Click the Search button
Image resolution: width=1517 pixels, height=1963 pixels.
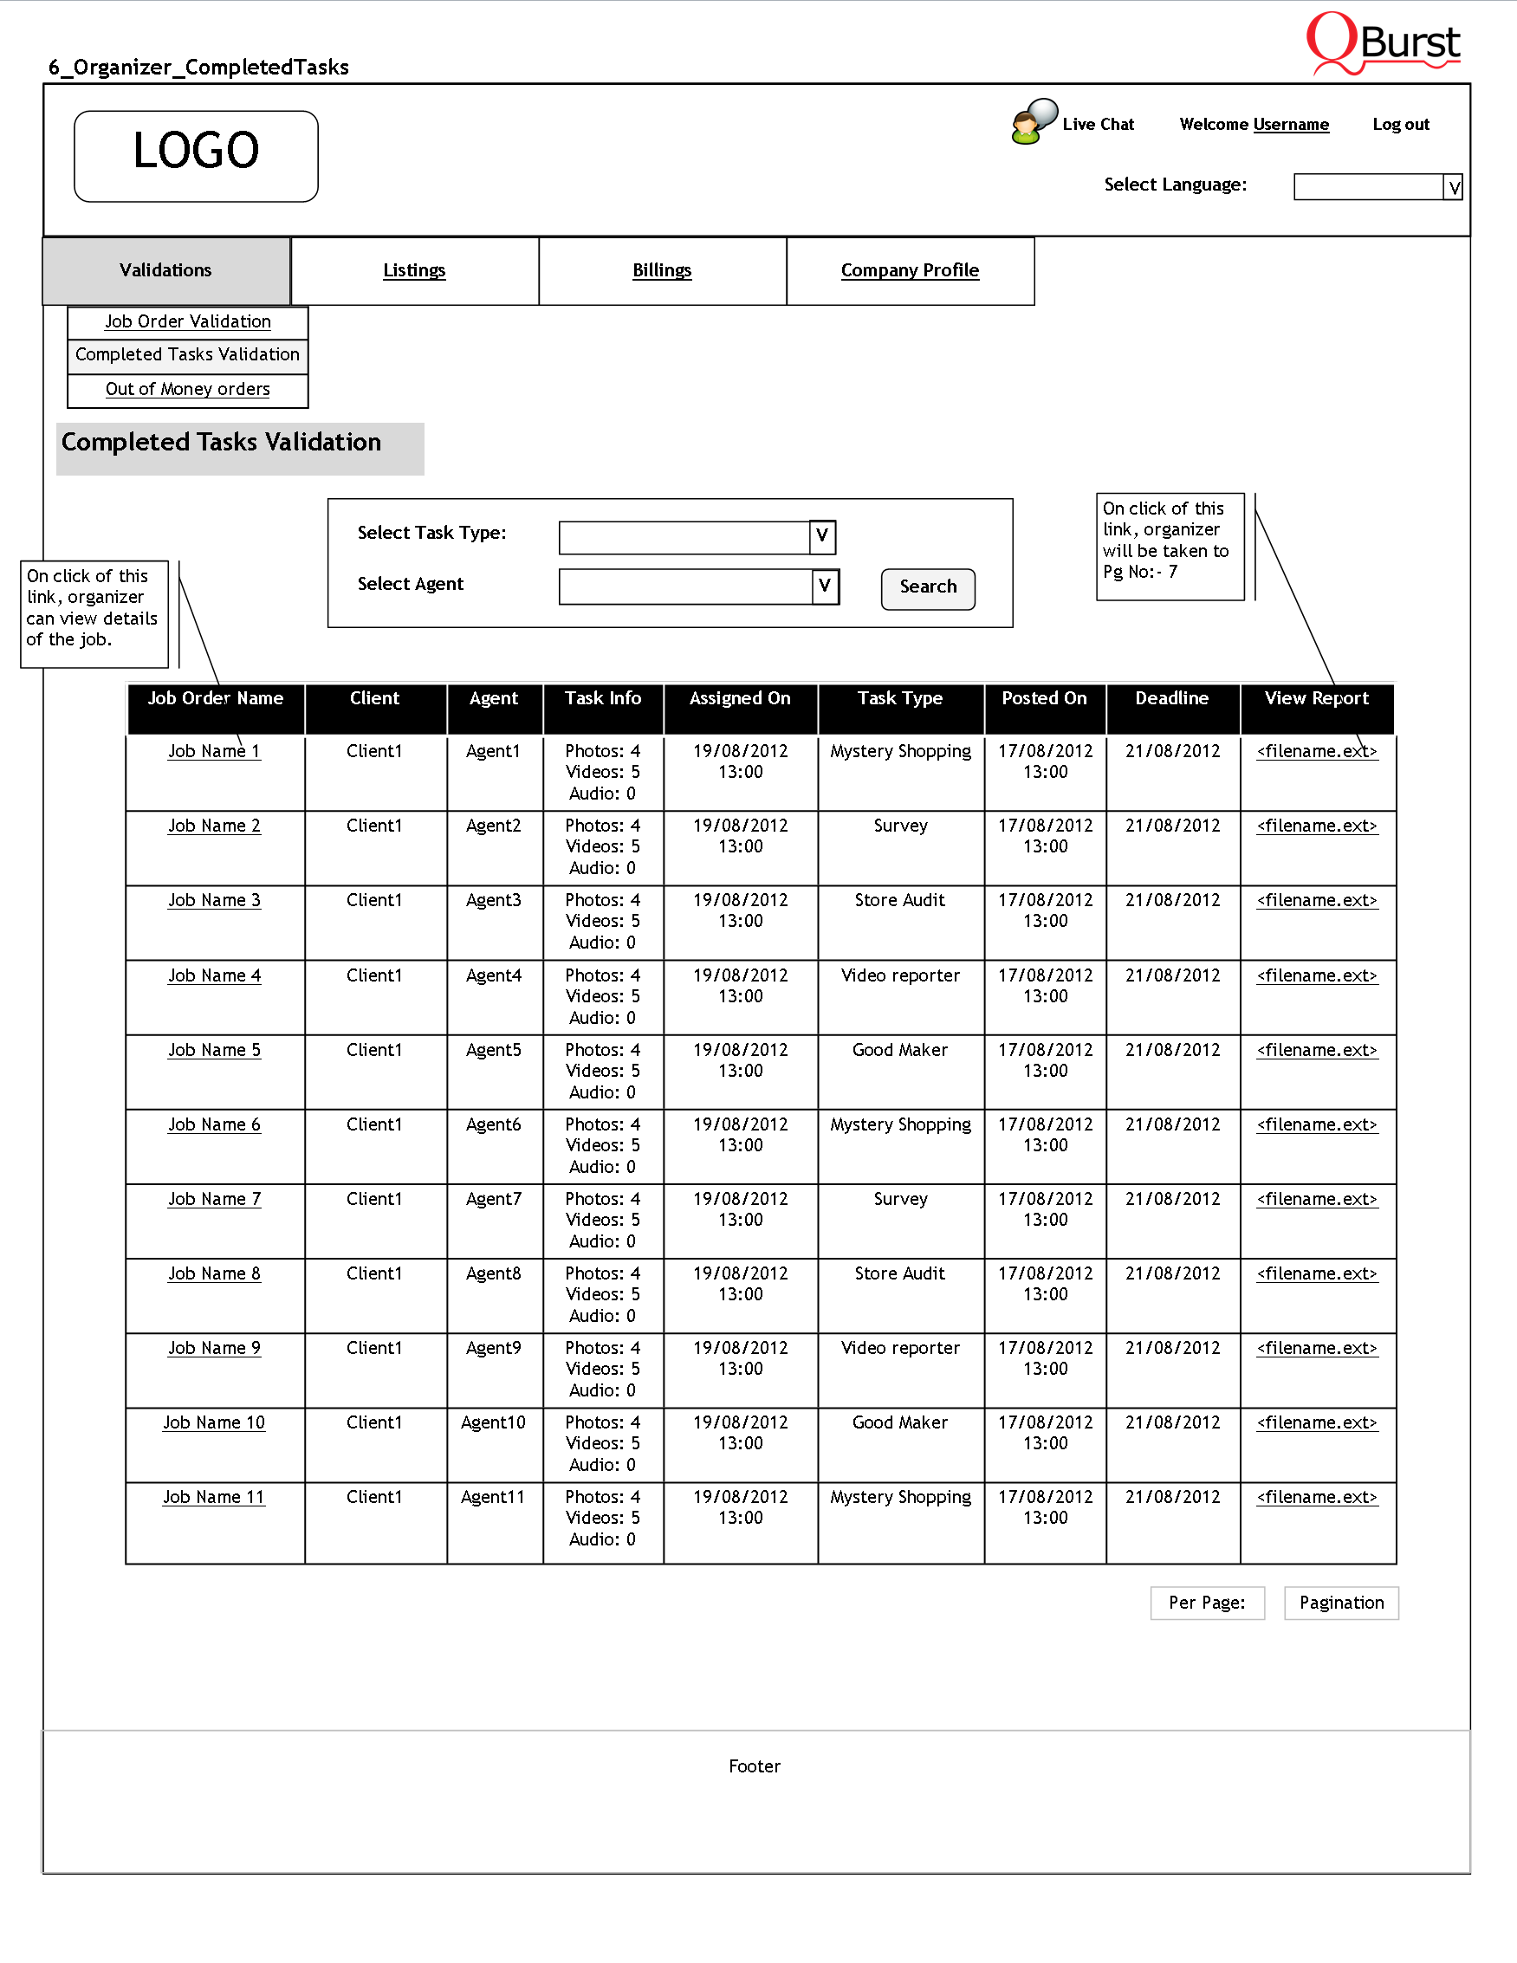pyautogui.click(x=928, y=588)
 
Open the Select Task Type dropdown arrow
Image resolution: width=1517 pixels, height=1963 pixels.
pyautogui.click(x=821, y=536)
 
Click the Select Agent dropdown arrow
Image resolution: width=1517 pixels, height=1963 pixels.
pyautogui.click(x=824, y=586)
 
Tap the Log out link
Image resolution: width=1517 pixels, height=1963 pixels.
pyautogui.click(x=1400, y=125)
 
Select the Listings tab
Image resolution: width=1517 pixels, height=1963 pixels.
pyautogui.click(x=414, y=270)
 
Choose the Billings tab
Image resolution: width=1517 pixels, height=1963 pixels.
pyautogui.click(x=663, y=270)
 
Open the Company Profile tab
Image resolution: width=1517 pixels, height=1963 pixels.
pyautogui.click(x=910, y=270)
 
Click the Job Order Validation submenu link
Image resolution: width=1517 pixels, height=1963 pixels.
pyautogui.click(x=188, y=321)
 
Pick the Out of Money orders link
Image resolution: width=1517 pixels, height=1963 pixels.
pyautogui.click(x=188, y=389)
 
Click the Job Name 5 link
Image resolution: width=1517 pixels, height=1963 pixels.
pyautogui.click(x=214, y=1050)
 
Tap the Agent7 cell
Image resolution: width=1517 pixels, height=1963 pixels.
pyautogui.click(x=493, y=1199)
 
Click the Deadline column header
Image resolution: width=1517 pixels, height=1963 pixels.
pyautogui.click(x=1172, y=699)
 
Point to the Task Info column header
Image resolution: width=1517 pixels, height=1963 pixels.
pyautogui.click(x=603, y=699)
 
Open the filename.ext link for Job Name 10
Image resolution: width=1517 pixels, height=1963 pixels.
pyautogui.click(x=1317, y=1422)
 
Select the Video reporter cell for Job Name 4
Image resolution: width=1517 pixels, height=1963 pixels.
pyautogui.click(x=900, y=975)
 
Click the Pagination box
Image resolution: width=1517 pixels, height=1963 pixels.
pyautogui.click(x=1341, y=1603)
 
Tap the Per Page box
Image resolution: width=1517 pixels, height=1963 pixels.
pyautogui.click(x=1207, y=1603)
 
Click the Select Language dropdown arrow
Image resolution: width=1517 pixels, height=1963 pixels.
pyautogui.click(x=1452, y=187)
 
